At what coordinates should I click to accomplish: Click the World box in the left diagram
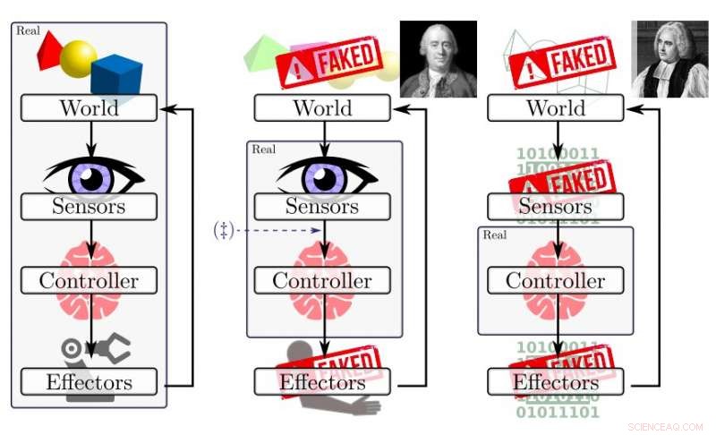pos(89,108)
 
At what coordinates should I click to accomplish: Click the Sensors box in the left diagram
pos(89,207)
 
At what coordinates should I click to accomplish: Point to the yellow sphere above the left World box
pos(78,58)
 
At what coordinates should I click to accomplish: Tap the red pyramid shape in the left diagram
pos(49,49)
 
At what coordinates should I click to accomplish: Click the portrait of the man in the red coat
pos(438,59)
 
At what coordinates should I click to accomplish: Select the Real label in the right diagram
pos(495,235)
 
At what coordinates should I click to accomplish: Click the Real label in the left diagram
pos(28,31)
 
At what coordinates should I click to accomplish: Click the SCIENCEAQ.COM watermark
pos(665,427)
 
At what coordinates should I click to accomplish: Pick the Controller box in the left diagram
pos(89,280)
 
